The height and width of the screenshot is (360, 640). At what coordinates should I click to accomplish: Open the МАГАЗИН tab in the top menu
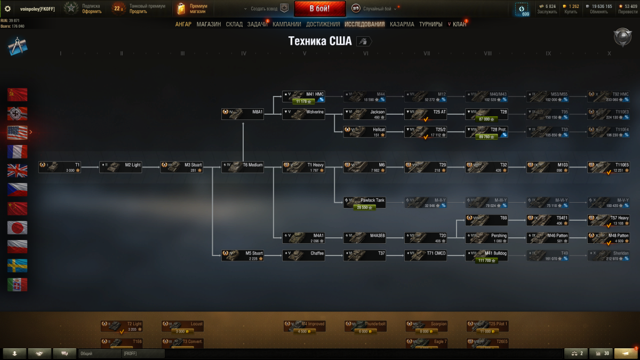tap(209, 24)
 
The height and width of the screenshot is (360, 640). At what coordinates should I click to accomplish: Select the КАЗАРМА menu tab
tap(402, 24)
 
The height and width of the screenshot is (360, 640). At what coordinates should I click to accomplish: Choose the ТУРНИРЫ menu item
tap(430, 24)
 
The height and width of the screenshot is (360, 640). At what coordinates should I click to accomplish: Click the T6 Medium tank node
tap(243, 167)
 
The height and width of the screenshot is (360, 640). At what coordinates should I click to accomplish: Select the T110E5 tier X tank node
tap(609, 167)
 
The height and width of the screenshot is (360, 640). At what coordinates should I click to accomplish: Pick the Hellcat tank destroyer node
tap(365, 132)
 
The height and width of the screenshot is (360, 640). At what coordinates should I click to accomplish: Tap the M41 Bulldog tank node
tap(486, 255)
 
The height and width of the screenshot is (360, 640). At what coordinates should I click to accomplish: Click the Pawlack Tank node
tap(365, 202)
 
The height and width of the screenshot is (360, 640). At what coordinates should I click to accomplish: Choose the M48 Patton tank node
tap(609, 237)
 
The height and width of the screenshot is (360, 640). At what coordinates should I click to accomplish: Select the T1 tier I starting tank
tap(60, 167)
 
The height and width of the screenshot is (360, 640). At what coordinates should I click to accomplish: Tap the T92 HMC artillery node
tap(609, 97)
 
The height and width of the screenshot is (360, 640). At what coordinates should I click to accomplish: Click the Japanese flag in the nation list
tap(17, 228)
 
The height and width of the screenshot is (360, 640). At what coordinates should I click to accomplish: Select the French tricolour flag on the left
tap(17, 151)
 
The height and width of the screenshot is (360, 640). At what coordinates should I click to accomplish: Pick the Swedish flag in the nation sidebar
tap(17, 266)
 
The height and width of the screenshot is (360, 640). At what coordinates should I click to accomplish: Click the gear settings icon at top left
tap(7, 9)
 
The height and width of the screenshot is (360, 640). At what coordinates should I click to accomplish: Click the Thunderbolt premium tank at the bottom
tap(365, 326)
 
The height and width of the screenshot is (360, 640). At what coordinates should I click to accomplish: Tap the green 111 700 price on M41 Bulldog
tap(486, 260)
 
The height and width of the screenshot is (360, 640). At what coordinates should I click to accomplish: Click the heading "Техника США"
tap(320, 42)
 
